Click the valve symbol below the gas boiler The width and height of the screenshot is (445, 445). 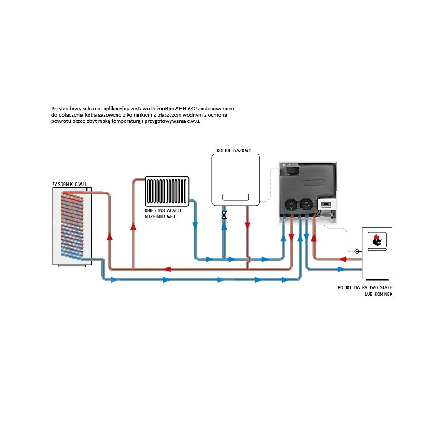(x=224, y=215)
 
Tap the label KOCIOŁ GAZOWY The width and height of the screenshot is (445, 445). (x=231, y=150)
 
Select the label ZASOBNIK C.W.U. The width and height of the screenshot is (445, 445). (x=69, y=183)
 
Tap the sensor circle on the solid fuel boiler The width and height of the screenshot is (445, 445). (x=356, y=251)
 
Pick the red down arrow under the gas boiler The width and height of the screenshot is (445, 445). (x=247, y=226)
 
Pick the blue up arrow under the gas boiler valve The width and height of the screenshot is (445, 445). (x=224, y=226)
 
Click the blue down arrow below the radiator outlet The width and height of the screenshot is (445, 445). (x=195, y=226)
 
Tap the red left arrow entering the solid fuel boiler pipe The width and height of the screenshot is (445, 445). (x=343, y=259)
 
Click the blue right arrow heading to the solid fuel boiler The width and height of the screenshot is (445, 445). (x=341, y=269)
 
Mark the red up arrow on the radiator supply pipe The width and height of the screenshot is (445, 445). (x=133, y=226)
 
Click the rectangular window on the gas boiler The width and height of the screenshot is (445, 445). (x=235, y=197)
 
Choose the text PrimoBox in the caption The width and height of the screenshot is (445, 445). (x=163, y=108)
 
